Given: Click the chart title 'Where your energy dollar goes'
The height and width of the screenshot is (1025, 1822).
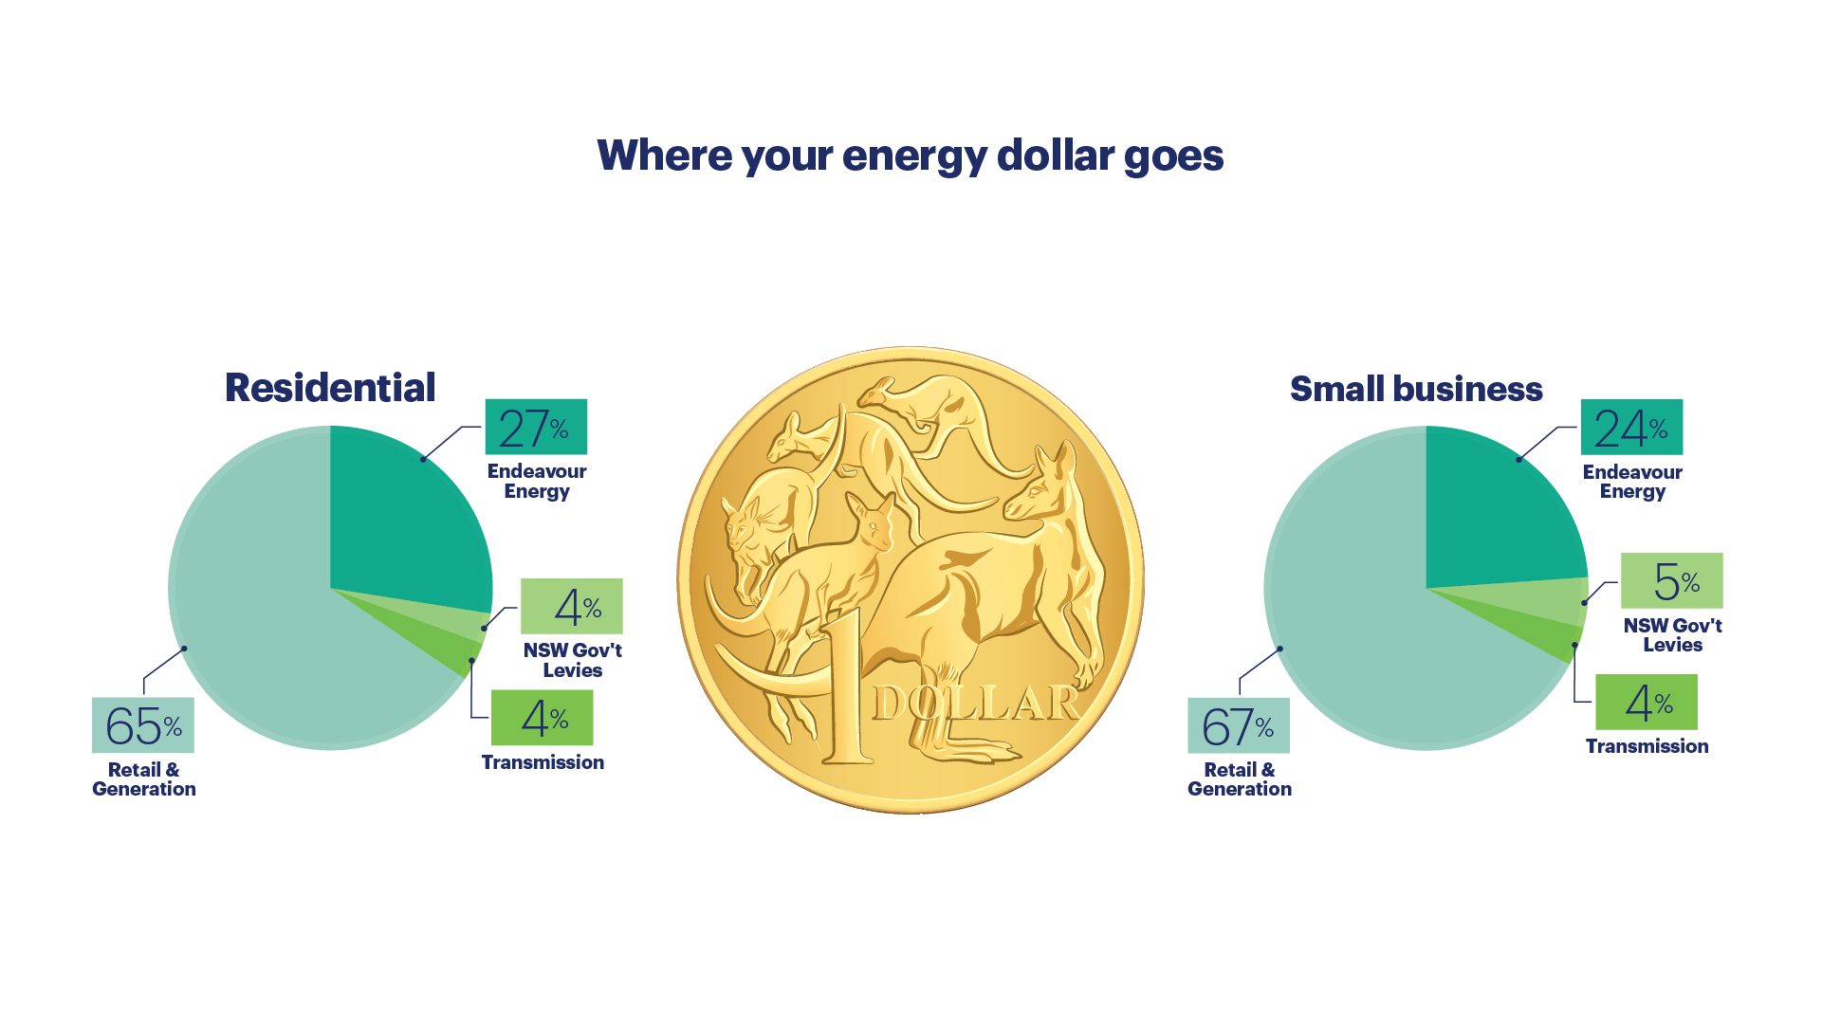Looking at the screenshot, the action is [911, 156].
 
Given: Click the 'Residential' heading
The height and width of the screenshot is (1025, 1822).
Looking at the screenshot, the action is [330, 388].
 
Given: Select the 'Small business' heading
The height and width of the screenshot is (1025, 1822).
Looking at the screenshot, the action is [1416, 389].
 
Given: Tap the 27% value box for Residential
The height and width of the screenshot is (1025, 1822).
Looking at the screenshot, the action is [536, 427].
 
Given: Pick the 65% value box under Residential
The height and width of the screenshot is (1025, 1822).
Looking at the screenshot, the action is [143, 725].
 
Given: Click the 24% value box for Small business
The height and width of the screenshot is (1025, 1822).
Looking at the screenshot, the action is [1631, 427].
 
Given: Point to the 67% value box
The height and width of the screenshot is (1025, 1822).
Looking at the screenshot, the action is [1239, 725].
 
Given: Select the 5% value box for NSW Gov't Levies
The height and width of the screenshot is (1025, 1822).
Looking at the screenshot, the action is [1672, 580].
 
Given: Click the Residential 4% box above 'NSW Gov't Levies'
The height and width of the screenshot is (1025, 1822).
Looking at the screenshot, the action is [572, 606].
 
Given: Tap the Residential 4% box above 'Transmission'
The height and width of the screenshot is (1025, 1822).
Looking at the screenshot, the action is [543, 718].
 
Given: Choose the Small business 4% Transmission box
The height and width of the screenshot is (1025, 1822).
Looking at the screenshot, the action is [1647, 702].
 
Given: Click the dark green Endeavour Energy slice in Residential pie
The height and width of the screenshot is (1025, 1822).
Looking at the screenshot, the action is [403, 522].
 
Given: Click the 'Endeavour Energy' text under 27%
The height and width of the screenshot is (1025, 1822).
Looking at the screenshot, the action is [537, 482].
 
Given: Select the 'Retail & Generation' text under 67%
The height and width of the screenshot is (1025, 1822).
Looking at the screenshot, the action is [1240, 779].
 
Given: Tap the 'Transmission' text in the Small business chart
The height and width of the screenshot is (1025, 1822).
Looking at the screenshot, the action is [1647, 746].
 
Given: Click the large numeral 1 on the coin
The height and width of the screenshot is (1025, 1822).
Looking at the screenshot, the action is [849, 687].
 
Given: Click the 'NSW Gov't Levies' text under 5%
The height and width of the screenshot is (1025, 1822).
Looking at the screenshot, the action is [1673, 635].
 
